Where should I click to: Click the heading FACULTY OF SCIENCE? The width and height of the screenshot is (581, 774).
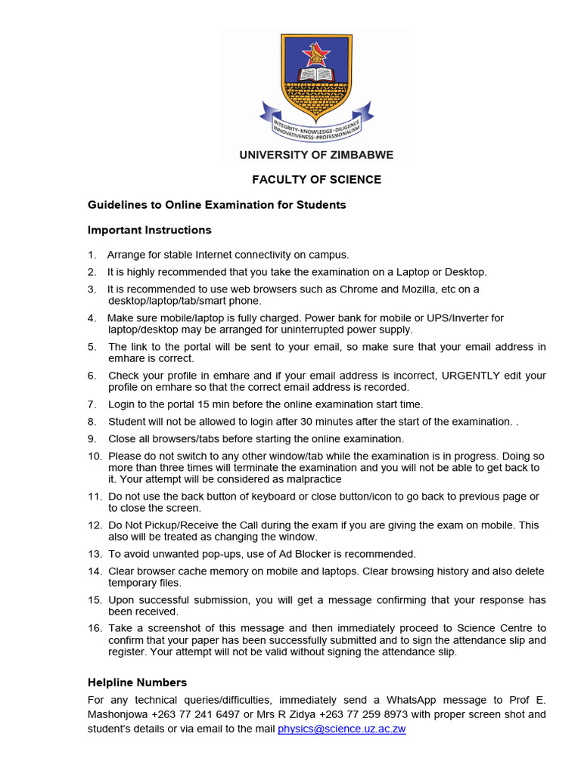(316, 180)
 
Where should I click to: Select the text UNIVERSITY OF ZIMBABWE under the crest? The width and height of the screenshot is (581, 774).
(316, 155)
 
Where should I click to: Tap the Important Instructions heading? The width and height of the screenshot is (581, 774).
(150, 230)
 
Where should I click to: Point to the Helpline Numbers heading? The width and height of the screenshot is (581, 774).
(137, 683)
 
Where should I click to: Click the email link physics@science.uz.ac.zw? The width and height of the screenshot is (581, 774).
(342, 729)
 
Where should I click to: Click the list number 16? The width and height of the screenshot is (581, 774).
(95, 628)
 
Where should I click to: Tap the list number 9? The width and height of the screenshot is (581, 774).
(92, 439)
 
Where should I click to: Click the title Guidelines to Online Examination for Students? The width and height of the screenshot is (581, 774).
(217, 205)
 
